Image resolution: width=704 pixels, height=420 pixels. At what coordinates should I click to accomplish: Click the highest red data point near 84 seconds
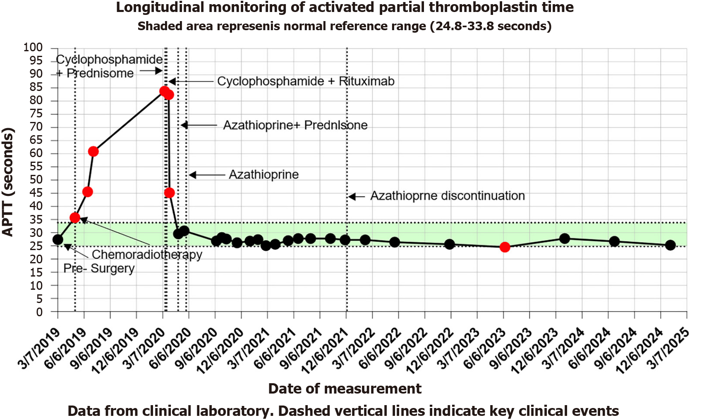pyautogui.click(x=164, y=91)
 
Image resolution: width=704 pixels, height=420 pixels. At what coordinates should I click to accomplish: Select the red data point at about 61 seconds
pyautogui.click(x=93, y=151)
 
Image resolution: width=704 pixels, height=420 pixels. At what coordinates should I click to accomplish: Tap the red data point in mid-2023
pyautogui.click(x=505, y=247)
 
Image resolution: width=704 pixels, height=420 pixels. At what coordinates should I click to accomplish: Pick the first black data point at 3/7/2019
pyautogui.click(x=58, y=240)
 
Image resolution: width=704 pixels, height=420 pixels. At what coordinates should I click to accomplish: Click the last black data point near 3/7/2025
pyautogui.click(x=670, y=245)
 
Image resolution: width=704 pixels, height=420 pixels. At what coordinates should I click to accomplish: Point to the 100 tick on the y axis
pyautogui.click(x=33, y=48)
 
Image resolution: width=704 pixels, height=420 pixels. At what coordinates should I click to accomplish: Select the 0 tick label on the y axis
pyautogui.click(x=39, y=312)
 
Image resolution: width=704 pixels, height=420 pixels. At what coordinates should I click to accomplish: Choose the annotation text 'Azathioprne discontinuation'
pyautogui.click(x=448, y=196)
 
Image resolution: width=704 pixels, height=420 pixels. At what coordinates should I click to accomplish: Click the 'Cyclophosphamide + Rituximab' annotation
pyautogui.click(x=306, y=81)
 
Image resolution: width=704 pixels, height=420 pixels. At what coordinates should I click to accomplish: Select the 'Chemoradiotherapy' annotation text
pyautogui.click(x=147, y=254)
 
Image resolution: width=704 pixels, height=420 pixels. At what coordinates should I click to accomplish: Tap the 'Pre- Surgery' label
pyautogui.click(x=99, y=269)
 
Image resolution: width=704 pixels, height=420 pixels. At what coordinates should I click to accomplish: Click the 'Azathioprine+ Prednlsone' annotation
pyautogui.click(x=295, y=125)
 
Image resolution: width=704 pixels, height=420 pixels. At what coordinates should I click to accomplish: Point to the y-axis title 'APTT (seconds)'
pyautogui.click(x=8, y=182)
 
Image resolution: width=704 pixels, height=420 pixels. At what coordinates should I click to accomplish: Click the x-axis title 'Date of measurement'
pyautogui.click(x=345, y=389)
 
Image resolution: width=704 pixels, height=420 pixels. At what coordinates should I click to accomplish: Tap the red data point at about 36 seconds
pyautogui.click(x=75, y=218)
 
